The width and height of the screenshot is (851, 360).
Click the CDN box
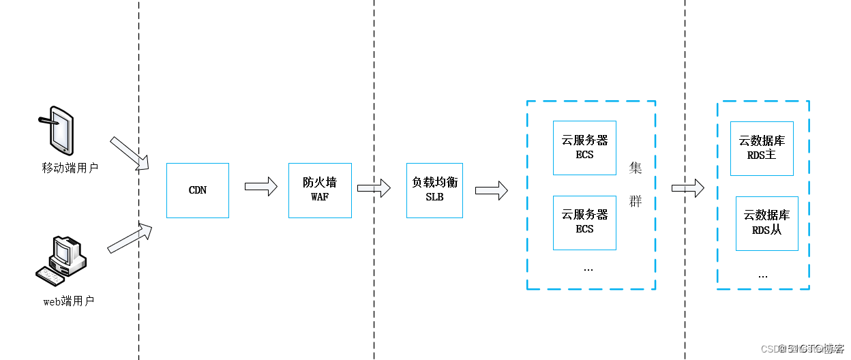tap(198, 190)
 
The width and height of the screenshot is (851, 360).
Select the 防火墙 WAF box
tap(320, 190)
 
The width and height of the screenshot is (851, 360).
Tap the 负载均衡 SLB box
tap(434, 190)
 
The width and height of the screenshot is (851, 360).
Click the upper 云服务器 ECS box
tap(584, 148)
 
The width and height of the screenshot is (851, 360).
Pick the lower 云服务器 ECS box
tap(584, 222)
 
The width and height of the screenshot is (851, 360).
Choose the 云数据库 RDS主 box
tap(762, 149)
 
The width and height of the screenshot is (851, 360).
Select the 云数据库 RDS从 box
tap(766, 223)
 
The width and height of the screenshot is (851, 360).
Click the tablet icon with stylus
tap(59, 130)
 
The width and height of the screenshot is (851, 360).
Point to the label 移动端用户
tap(70, 167)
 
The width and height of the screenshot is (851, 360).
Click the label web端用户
tap(68, 301)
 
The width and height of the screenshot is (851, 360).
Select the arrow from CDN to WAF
tap(260, 186)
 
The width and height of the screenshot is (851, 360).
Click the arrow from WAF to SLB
tap(374, 187)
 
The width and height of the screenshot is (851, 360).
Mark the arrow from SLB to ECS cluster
tap(491, 190)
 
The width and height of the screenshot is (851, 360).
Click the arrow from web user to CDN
tap(130, 237)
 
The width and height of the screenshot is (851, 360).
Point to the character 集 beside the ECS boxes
tap(636, 168)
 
